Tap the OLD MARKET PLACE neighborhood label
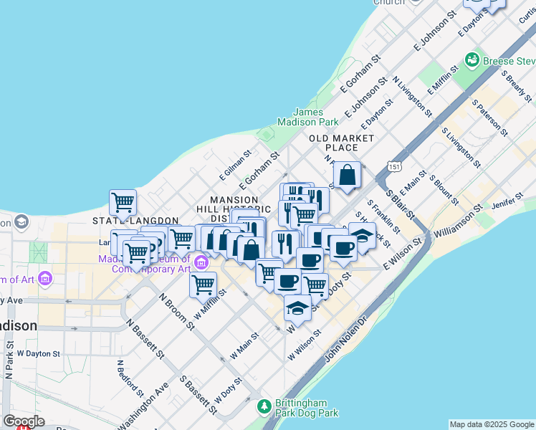[x=342, y=143]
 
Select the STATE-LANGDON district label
[x=127, y=220]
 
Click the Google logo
[x=24, y=421]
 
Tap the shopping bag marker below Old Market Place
[x=347, y=176]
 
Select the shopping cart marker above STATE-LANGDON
[x=123, y=202]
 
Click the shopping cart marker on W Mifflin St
[x=203, y=285]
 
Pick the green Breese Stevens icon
[x=472, y=60]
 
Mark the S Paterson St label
[x=489, y=118]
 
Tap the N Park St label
[x=9, y=363]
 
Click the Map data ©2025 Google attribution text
[x=492, y=424]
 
